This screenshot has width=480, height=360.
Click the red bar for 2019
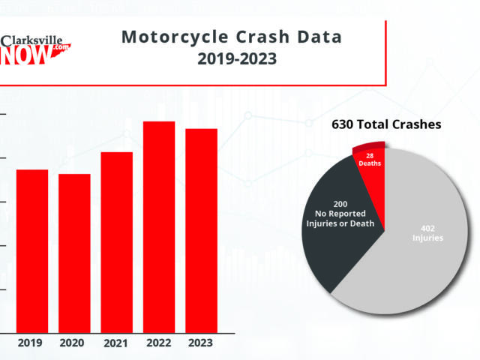31,250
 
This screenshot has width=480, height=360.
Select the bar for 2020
74,253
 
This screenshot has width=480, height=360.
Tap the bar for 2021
116,241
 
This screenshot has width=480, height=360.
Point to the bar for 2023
201,230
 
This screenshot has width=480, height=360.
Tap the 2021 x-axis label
116,343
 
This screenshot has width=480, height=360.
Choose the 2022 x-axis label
159,343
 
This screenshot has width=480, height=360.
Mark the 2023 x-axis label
201,343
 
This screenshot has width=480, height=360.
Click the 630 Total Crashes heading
386,124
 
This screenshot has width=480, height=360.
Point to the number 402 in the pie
427,228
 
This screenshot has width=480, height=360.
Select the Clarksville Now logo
35,49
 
